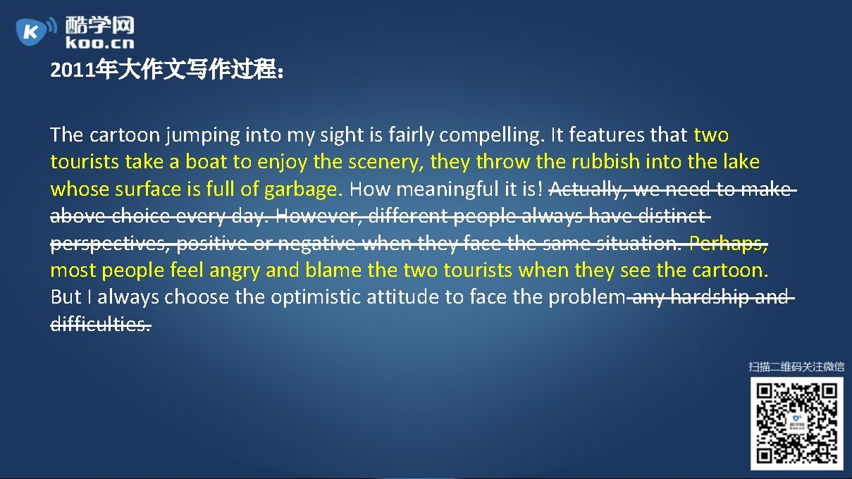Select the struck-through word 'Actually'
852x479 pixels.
pyautogui.click(x=588, y=189)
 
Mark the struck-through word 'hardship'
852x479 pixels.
pyautogui.click(x=710, y=297)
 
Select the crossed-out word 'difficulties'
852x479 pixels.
pyautogui.click(x=100, y=325)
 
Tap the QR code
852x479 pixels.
pyautogui.click(x=796, y=423)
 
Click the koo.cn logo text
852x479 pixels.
pyautogui.click(x=99, y=43)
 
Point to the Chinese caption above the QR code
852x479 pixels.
pyautogui.click(x=796, y=366)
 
